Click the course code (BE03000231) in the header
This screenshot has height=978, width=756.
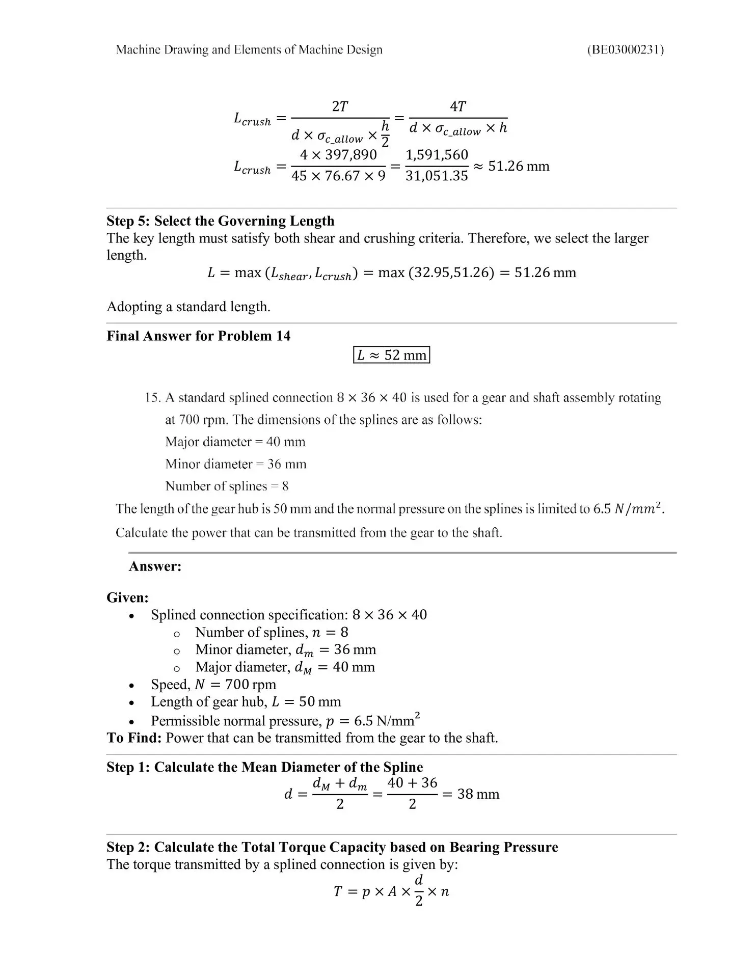(x=625, y=49)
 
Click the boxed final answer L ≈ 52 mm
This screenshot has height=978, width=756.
(x=391, y=355)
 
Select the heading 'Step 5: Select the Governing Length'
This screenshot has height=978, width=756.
(x=220, y=221)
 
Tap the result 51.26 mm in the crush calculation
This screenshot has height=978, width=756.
(x=519, y=166)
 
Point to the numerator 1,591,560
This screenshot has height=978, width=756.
(x=437, y=155)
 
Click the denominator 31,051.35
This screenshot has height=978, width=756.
(x=437, y=176)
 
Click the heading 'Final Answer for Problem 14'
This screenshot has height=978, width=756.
(x=198, y=336)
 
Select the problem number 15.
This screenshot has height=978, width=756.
(x=152, y=397)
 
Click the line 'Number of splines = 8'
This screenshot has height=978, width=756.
(x=227, y=486)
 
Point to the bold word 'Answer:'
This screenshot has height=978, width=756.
(x=155, y=566)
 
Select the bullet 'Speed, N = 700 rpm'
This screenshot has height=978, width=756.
(x=213, y=684)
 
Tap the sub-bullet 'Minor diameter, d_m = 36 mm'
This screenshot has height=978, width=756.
(x=285, y=649)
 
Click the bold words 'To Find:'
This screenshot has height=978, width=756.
(x=134, y=738)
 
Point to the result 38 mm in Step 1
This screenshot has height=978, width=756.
(x=478, y=794)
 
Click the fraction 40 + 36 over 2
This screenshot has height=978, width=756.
(x=412, y=793)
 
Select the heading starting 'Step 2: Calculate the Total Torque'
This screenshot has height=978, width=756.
(x=332, y=847)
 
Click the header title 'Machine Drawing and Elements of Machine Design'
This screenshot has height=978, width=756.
(x=249, y=49)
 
